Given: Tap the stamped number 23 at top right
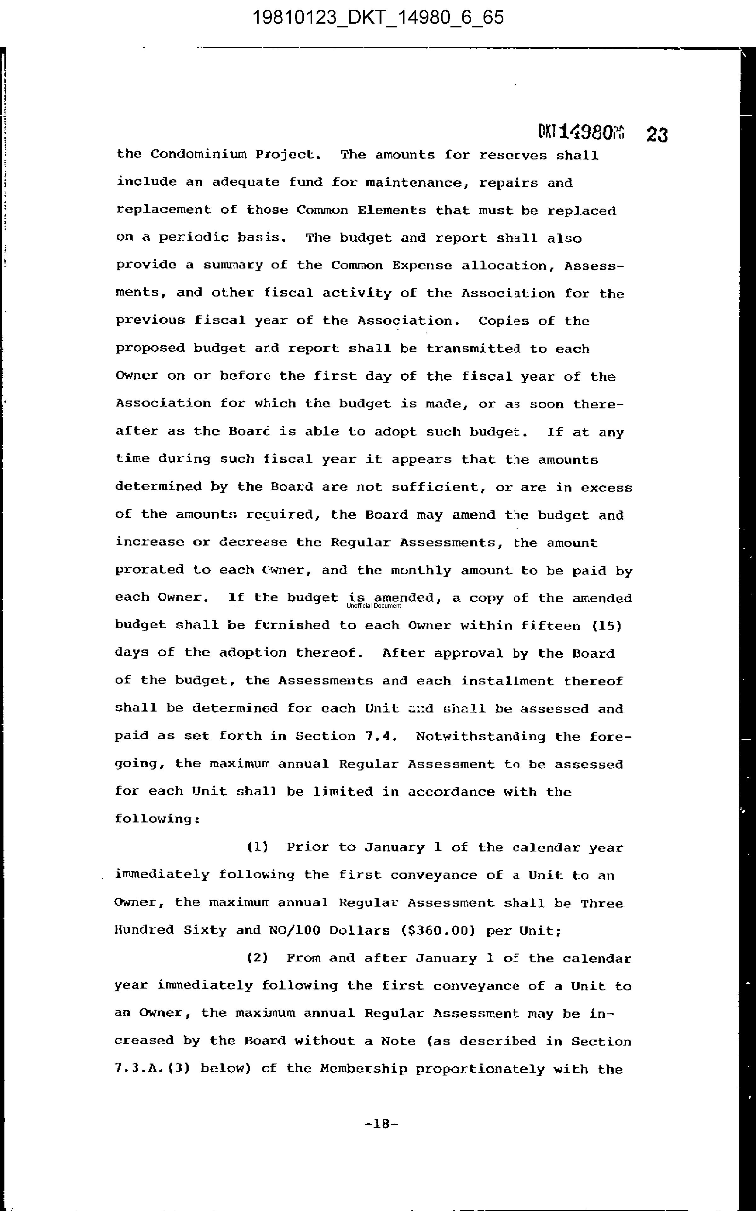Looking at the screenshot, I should (x=656, y=135).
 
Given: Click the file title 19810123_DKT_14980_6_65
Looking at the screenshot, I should (x=378, y=18).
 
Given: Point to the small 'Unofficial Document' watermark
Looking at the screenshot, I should (x=374, y=606).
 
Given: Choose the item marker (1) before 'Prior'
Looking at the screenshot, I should (x=257, y=847).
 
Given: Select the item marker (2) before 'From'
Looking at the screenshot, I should (x=257, y=958).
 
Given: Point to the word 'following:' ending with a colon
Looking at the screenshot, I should (x=157, y=819).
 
